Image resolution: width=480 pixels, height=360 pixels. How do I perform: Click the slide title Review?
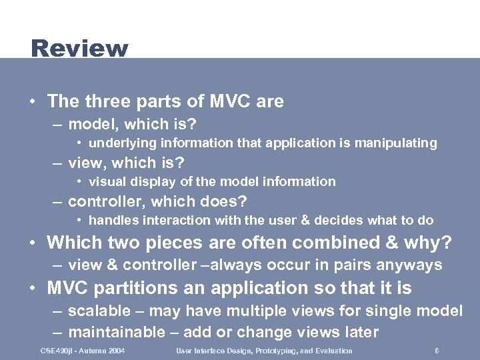coord(79,49)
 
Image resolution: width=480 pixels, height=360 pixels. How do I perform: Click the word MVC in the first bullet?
coord(227,101)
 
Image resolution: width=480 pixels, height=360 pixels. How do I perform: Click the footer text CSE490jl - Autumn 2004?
coord(83,351)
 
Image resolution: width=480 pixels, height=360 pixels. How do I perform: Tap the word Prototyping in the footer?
coord(264,351)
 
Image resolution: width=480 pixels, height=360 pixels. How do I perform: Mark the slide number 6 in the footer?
coord(436,351)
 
